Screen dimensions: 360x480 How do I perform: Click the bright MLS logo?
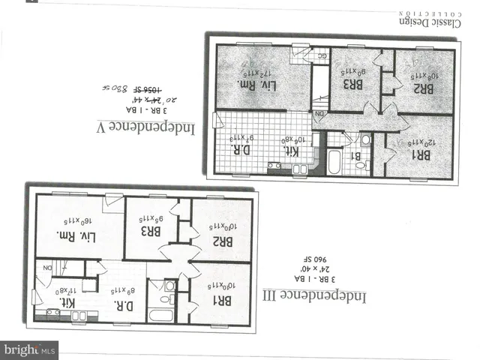(x=30, y=349)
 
